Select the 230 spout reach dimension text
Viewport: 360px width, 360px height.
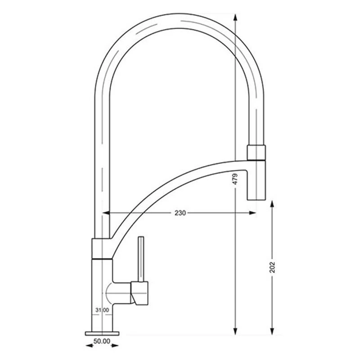[x=180, y=213]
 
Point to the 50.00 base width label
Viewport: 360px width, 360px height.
[x=102, y=342]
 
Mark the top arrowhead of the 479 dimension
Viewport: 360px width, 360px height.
[x=235, y=17]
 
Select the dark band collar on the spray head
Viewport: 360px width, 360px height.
[x=257, y=153]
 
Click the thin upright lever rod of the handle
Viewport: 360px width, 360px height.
[x=141, y=259]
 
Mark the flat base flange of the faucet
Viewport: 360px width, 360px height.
[x=102, y=333]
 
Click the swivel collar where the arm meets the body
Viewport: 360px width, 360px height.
[x=102, y=249]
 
